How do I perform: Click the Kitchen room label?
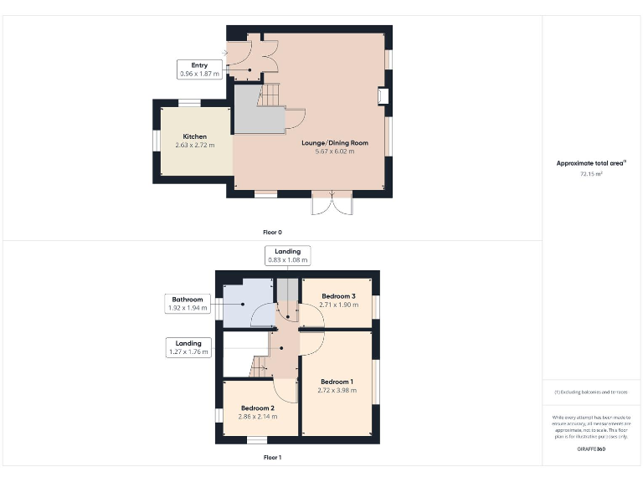pyautogui.click(x=194, y=136)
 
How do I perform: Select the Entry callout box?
pyautogui.click(x=199, y=69)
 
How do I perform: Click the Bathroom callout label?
pyautogui.click(x=188, y=304)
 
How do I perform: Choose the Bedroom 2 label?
pyautogui.click(x=257, y=408)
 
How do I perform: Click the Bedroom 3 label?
pyautogui.click(x=338, y=296)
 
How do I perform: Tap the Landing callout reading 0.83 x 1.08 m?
pyautogui.click(x=288, y=255)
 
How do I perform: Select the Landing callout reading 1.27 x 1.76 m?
pyautogui.click(x=188, y=347)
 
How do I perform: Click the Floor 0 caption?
pyautogui.click(x=273, y=232)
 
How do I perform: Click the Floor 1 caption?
pyautogui.click(x=273, y=458)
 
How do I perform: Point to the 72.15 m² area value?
pyautogui.click(x=591, y=174)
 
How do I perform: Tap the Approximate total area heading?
pyautogui.click(x=591, y=163)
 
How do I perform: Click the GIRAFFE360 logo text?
pyautogui.click(x=591, y=449)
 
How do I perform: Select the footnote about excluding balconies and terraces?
pyautogui.click(x=591, y=392)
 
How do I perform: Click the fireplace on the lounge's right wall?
pyautogui.click(x=383, y=97)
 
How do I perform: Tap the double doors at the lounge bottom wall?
pyautogui.click(x=332, y=203)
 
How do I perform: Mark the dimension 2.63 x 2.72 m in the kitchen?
pyautogui.click(x=194, y=146)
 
